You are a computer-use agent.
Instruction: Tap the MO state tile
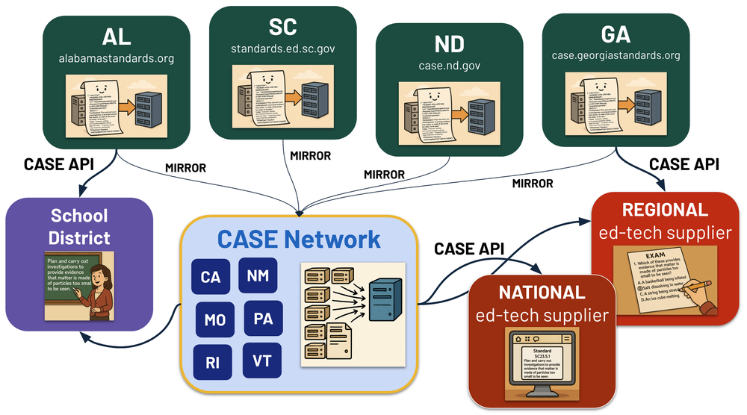(x=215, y=320)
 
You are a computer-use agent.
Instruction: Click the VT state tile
(x=262, y=362)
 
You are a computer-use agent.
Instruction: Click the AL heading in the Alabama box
(x=116, y=37)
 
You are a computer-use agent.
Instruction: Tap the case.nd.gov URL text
(x=449, y=66)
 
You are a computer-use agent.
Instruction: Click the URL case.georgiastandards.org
(x=616, y=55)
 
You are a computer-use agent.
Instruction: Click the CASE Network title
(x=299, y=239)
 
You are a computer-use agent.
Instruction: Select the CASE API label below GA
(x=684, y=163)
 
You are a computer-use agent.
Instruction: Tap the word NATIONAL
(x=542, y=292)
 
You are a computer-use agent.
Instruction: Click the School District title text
(x=79, y=227)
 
